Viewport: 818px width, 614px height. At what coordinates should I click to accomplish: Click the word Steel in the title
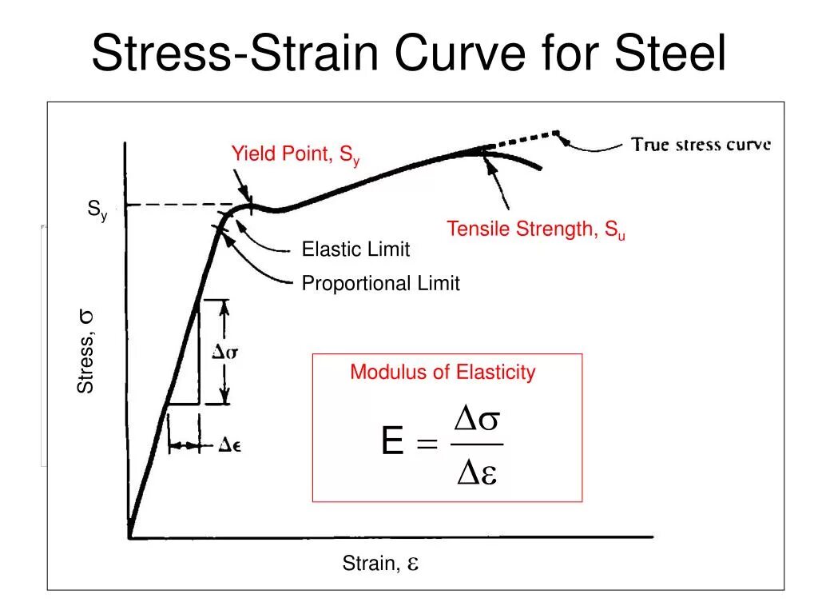click(x=671, y=54)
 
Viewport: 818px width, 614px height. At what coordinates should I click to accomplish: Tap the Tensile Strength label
click(x=535, y=230)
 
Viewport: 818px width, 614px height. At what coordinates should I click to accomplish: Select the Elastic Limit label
click(x=355, y=249)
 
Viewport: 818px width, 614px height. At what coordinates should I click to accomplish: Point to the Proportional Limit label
click(x=380, y=284)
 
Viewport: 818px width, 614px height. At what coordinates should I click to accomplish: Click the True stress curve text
click(x=701, y=145)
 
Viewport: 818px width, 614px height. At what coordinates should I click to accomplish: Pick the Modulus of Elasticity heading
click(x=443, y=372)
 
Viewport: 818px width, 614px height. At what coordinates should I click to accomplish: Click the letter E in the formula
click(x=392, y=441)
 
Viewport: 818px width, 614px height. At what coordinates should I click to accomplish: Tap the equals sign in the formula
click(x=427, y=444)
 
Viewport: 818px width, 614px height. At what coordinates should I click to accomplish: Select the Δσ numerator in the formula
click(x=477, y=419)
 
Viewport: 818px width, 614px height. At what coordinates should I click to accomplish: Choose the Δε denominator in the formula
click(x=477, y=473)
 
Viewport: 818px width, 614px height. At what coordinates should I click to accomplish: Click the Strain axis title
click(x=380, y=564)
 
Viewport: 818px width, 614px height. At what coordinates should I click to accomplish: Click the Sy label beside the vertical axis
click(x=97, y=210)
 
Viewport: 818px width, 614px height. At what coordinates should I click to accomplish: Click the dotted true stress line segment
click(x=523, y=139)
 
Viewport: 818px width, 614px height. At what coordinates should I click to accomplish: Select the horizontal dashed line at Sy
click(x=172, y=205)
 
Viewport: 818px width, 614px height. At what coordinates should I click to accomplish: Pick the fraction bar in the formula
click(x=477, y=445)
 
